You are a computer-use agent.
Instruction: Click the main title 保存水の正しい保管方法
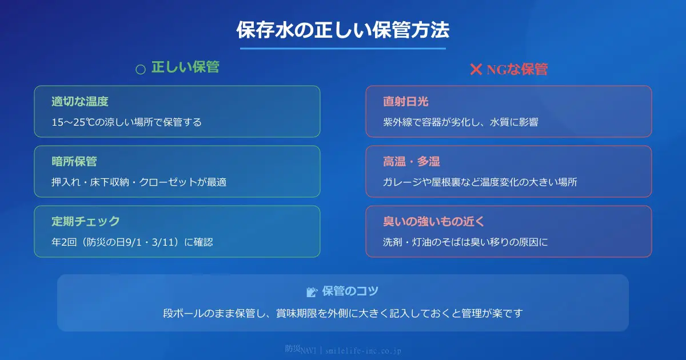343,30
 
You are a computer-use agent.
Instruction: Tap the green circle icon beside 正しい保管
141,69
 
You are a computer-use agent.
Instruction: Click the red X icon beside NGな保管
476,69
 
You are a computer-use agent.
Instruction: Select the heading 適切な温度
79,102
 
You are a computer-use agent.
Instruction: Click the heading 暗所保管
74,162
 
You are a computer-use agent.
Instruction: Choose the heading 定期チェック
85,222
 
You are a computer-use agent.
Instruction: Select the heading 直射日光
405,102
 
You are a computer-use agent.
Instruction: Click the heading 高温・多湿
411,162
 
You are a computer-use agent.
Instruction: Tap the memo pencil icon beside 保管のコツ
312,292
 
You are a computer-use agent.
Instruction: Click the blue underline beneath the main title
343,49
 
